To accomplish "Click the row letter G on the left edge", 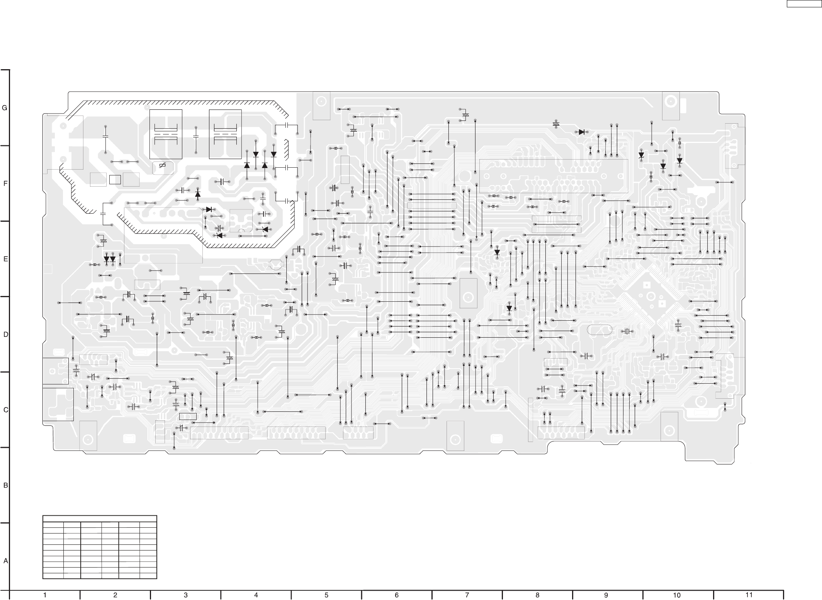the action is pos(5,108).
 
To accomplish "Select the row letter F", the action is pos(5,184).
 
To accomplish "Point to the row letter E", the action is pos(5,259).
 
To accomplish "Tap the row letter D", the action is pos(5,335).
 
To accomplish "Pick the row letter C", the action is pos(5,410).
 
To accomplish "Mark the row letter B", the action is pos(5,486).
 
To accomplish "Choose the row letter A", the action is pos(5,561).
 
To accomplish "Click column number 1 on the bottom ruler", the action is pos(45,595).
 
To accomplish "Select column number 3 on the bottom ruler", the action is pos(185,595).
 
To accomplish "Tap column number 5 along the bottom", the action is pos(326,595).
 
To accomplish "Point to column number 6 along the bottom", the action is pos(397,595).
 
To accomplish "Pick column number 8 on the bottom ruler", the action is pos(537,595).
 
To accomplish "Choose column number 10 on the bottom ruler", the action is pos(677,595).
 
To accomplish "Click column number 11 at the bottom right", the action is pos(749,595).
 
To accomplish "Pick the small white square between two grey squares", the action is pos(115,180).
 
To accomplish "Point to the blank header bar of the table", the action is pos(100,518).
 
